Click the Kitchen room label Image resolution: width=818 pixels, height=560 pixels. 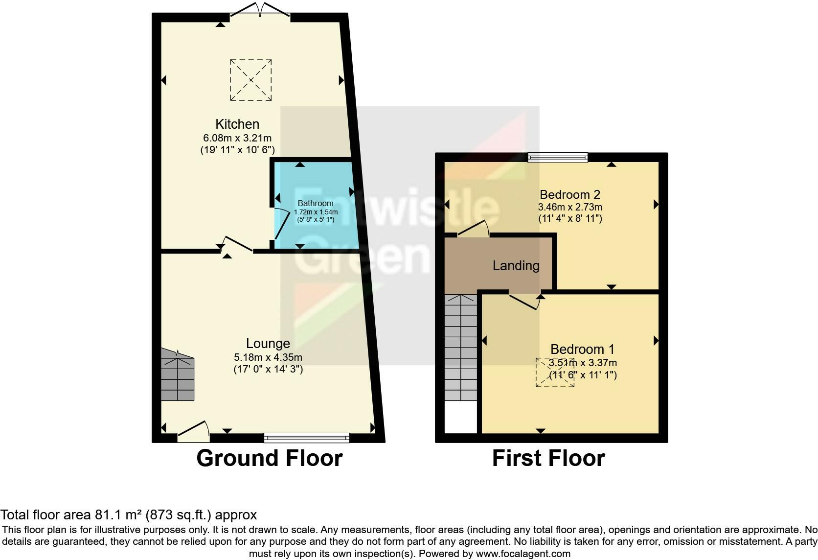[x=237, y=124]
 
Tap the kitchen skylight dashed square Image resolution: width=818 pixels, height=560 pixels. [x=251, y=80]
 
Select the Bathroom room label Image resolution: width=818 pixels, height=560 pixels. [x=316, y=203]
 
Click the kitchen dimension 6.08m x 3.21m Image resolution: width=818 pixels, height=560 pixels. [x=237, y=139]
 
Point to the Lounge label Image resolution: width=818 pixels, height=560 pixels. [x=268, y=344]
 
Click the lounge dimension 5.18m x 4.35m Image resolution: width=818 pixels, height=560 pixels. [x=268, y=357]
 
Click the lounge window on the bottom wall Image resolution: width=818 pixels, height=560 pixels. [x=306, y=437]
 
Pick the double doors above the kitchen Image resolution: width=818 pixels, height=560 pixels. [x=261, y=10]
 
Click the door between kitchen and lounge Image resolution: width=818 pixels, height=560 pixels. [x=236, y=245]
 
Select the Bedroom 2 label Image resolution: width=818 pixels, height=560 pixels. [x=569, y=194]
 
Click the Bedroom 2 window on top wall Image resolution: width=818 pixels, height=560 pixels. [x=558, y=157]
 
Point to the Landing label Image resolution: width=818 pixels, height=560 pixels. [x=516, y=266]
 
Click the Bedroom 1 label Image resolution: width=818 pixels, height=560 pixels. [x=582, y=350]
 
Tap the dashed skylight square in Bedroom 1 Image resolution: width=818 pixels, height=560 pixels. [x=555, y=373]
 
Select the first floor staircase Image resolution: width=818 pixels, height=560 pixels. [x=460, y=348]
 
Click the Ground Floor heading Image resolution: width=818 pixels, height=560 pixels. [x=269, y=459]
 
